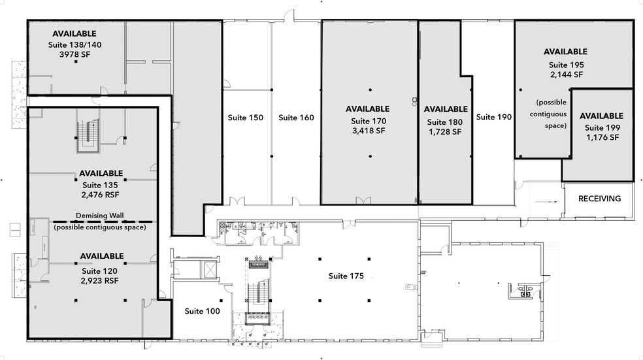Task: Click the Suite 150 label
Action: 245,118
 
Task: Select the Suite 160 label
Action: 296,118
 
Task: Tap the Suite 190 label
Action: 493,117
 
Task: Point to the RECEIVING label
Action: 599,199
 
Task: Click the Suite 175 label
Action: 346,276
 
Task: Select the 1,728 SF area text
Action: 445,132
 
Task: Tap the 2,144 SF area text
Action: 566,74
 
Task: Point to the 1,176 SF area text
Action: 602,138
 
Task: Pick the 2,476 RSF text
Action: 101,195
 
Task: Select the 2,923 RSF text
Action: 101,280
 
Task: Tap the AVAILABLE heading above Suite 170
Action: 367,108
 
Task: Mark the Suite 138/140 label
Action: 74,44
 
